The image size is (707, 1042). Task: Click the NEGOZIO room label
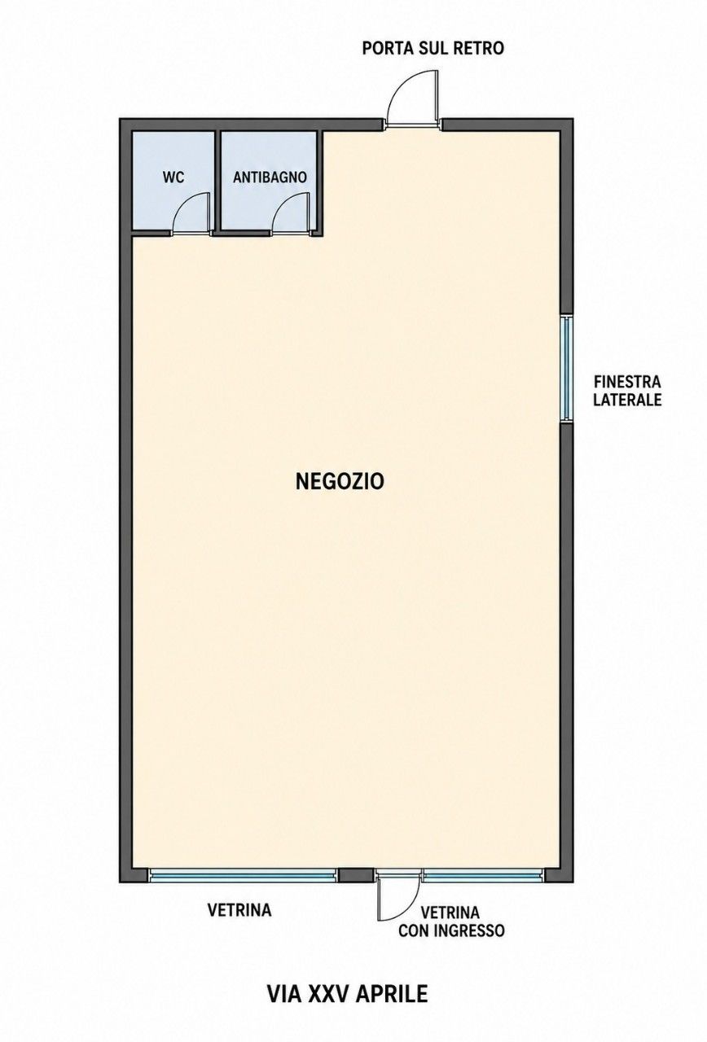tap(340, 481)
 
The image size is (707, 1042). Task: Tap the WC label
tap(173, 177)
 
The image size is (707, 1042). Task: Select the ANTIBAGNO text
tap(270, 177)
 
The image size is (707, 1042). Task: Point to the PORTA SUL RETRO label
tap(433, 48)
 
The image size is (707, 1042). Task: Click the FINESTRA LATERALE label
tap(627, 391)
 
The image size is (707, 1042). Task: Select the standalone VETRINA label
tap(239, 910)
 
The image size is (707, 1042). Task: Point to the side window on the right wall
tap(566, 369)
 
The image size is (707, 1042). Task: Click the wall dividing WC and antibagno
tap(217, 182)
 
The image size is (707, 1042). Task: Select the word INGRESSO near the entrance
tap(470, 930)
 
